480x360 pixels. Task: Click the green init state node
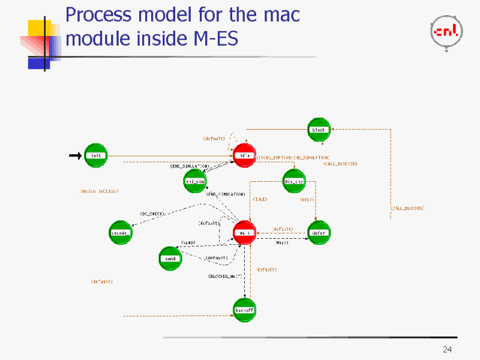pos(95,155)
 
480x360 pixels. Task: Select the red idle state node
pos(244,155)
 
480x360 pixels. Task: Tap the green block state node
pos(319,130)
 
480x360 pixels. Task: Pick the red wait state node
pos(244,233)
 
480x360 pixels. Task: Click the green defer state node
pos(319,233)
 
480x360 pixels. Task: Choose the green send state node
pos(170,259)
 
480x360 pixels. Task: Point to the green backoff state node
pos(244,310)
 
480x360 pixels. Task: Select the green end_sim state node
pos(195,181)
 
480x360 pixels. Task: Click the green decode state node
pos(120,233)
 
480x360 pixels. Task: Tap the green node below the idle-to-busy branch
pos(294,181)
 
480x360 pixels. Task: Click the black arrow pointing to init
pos(75,155)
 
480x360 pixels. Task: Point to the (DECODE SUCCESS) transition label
pos(100,191)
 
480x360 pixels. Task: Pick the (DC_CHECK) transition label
pos(152,214)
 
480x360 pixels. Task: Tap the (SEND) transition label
pos(188,242)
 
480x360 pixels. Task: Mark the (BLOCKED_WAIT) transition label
pos(225,276)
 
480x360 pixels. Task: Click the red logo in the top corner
pos(446,31)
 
